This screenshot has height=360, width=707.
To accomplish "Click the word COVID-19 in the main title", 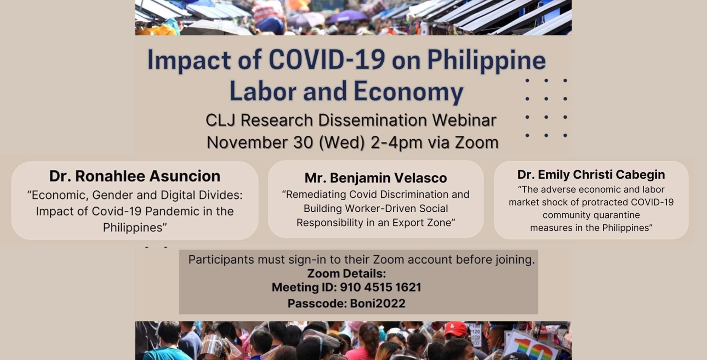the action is coord(327,60).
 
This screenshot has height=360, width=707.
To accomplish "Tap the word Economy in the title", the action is coord(408,91).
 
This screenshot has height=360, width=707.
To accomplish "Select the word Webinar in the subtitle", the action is coord(464,120).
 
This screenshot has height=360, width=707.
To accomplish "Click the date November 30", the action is coord(260,142).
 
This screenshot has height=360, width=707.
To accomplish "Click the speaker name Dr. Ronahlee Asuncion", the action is coord(135,176).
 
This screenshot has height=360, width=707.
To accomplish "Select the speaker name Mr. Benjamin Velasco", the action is coord(376,178).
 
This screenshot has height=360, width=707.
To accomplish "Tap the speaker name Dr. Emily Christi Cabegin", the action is coord(591,174).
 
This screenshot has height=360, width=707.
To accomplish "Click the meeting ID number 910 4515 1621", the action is coord(380,287).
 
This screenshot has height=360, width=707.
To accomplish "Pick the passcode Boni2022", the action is coord(378,304).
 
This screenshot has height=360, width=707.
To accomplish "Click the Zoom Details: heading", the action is coord(346,273).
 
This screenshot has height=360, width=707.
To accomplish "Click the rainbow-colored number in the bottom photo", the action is coord(532,348).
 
